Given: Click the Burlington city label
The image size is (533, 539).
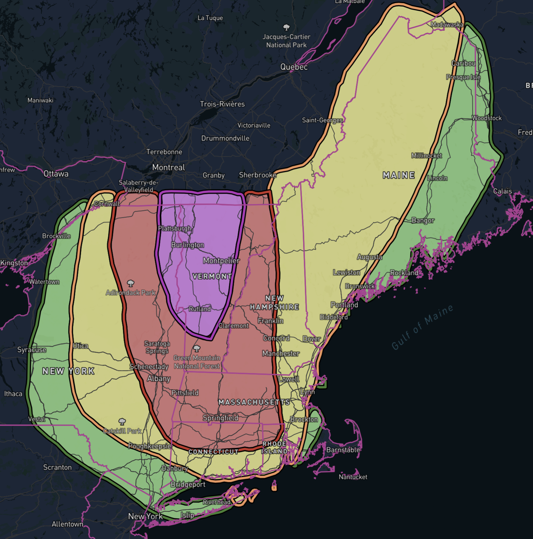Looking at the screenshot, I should (188, 245).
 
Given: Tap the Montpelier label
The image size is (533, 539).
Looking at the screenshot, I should (221, 261).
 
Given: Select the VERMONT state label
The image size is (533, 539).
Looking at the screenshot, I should (212, 276).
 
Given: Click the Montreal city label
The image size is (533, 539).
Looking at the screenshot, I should (168, 167).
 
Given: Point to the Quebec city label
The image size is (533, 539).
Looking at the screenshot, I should (294, 67).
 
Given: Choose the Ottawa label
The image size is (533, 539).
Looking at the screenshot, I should (56, 174).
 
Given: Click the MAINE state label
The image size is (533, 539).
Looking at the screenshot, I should (399, 175).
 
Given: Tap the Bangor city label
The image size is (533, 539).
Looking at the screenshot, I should (423, 220).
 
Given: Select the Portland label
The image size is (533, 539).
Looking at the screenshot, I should (344, 305).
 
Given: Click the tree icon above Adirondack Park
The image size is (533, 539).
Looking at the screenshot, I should (130, 283).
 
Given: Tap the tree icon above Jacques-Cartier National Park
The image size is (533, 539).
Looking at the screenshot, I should (286, 27).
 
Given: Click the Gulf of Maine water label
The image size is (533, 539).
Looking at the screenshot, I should (422, 327).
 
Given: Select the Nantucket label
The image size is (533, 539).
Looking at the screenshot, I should (353, 477).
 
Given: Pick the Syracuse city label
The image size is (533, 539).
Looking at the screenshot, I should (32, 350).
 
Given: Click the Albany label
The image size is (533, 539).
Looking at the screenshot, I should (159, 378).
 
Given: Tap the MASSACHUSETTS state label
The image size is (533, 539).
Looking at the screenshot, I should (254, 402).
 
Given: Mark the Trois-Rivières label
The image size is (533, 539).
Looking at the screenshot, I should (222, 104).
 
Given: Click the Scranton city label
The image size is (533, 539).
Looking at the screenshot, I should (58, 467).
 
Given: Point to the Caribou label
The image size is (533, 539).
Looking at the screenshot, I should (463, 63).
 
